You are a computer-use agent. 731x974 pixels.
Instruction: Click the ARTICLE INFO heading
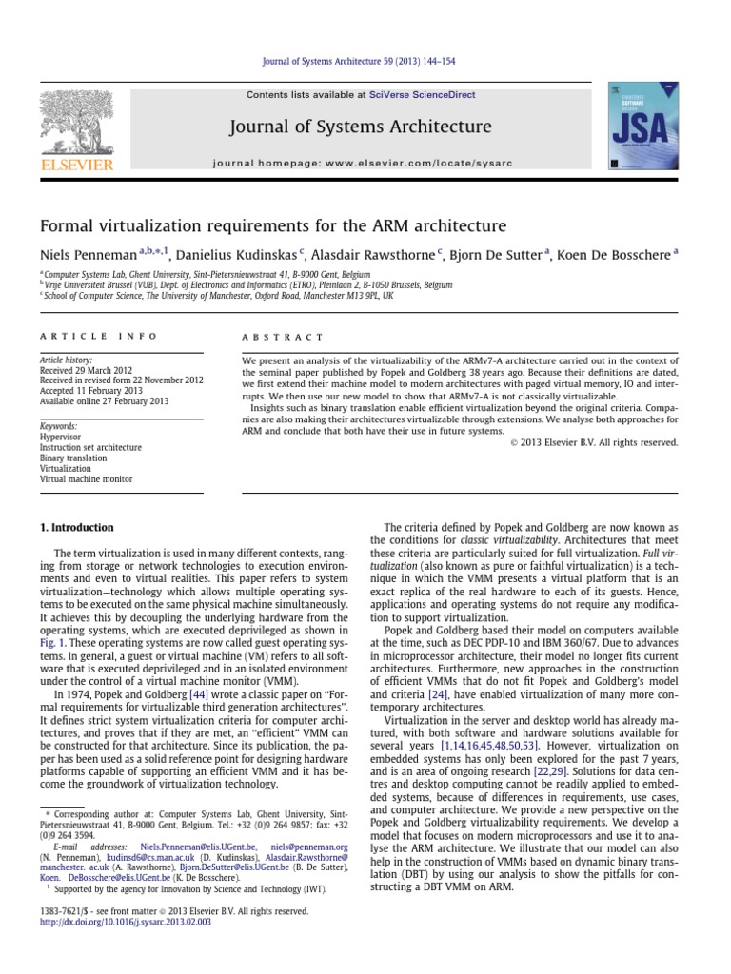coord(79,337)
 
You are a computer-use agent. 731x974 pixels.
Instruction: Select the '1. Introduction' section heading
coord(76,528)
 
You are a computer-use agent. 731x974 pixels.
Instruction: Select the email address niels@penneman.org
coord(309,846)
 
